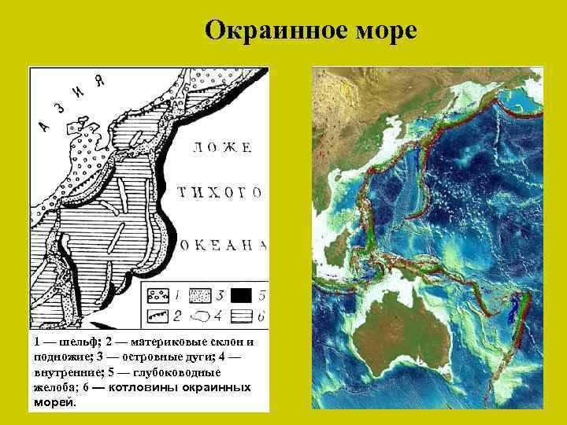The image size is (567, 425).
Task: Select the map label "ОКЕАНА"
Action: pos(224,245)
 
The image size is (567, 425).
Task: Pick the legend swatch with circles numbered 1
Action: pos(156,297)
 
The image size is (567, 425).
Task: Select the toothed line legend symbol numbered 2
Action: pos(156,316)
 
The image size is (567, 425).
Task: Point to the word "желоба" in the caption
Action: pos(54,387)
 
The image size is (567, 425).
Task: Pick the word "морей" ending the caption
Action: pos(54,401)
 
